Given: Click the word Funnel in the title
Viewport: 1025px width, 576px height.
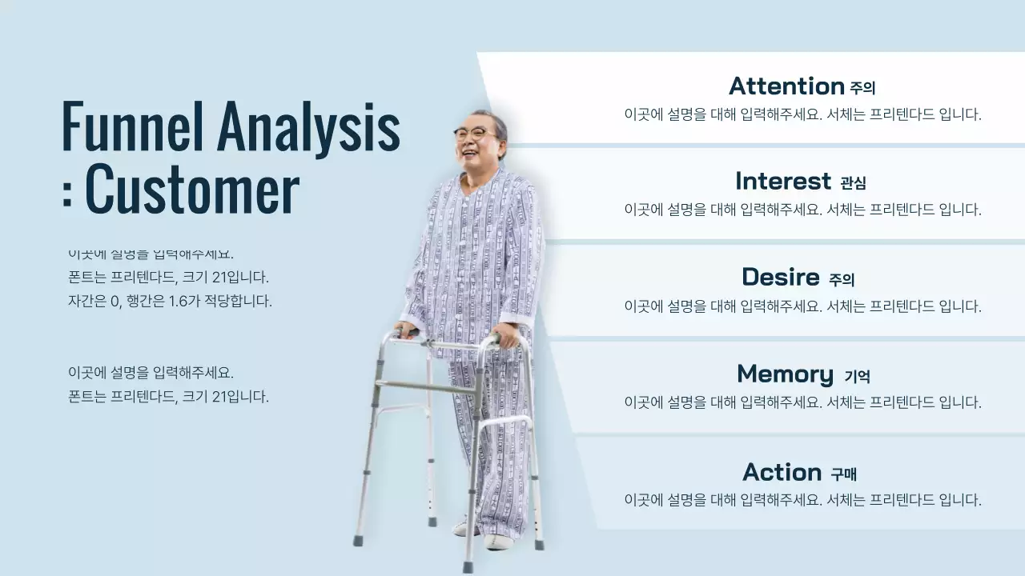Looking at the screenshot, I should coord(133,126).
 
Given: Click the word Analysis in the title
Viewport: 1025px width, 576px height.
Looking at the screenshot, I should coord(308,126).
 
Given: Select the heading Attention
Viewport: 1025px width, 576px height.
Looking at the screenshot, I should coord(786,86).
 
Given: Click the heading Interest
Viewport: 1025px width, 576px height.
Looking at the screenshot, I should coord(783,181).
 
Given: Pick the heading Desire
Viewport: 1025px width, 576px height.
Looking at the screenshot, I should coord(780,277).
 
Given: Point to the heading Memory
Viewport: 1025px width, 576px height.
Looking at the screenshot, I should coord(785,374).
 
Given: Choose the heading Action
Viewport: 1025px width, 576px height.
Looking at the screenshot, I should coord(782,472).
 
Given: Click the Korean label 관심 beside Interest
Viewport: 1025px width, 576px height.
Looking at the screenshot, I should coord(853,183).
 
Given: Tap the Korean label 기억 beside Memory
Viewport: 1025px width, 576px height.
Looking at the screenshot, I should coord(857,376).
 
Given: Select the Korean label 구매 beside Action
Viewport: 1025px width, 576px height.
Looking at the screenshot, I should coord(844,474).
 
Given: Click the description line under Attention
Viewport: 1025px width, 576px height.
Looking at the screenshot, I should coord(802,114).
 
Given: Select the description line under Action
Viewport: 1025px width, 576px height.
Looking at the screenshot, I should coord(802,500).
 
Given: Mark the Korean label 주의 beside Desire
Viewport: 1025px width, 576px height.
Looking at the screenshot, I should coord(842,280).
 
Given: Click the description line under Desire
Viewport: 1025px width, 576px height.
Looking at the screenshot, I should coord(802,306).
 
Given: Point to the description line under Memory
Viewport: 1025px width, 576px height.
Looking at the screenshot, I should coord(802,402).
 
